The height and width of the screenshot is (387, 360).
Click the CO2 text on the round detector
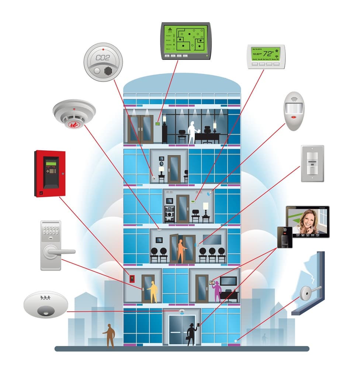click(x=103, y=58)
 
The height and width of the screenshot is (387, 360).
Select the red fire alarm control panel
click(x=50, y=173)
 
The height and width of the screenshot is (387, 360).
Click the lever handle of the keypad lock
click(x=61, y=252)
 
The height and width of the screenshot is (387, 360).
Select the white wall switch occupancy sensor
click(x=312, y=163)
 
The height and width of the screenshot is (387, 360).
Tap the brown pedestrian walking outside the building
click(x=110, y=335)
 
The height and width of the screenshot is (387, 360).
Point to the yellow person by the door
click(x=153, y=291)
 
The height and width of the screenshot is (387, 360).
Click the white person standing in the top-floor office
click(x=191, y=132)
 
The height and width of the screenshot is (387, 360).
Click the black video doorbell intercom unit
click(x=285, y=237)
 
